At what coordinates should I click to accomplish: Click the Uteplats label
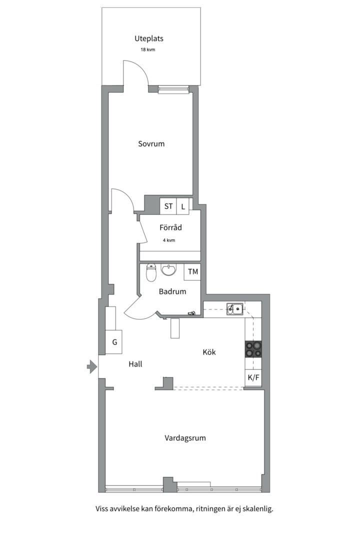149,38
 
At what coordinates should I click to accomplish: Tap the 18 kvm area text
148,49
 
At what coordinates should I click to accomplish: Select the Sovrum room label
151,144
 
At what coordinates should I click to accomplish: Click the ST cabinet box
168,206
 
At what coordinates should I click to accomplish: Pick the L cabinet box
183,206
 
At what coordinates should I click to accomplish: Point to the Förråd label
170,227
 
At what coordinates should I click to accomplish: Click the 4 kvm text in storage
169,240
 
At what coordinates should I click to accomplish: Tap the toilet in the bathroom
151,273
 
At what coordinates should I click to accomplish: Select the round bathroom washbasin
169,270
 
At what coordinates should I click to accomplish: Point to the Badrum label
172,291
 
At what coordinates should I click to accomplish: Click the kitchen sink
235,309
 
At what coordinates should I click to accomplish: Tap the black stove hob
253,349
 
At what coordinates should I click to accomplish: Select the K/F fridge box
253,378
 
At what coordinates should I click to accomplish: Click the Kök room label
209,352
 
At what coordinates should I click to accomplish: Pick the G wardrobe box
113,342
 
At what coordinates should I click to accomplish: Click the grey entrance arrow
91,366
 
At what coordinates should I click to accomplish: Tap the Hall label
135,364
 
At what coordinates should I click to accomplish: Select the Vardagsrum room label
185,438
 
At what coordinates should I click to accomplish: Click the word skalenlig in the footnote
257,508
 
